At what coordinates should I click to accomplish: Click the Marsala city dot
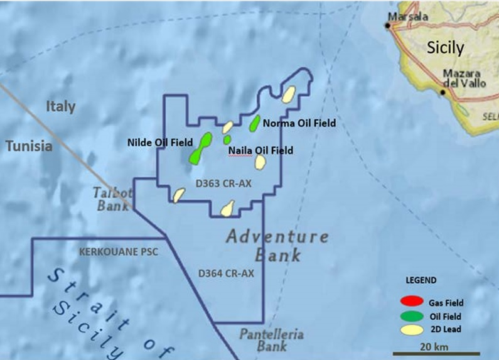[x=388, y=26]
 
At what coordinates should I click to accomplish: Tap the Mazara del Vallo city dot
[x=443, y=92]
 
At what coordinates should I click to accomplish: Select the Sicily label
[x=445, y=48]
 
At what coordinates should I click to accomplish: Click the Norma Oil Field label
[x=299, y=123]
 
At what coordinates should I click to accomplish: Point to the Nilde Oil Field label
[x=160, y=143]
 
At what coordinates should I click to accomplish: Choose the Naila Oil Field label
[x=260, y=151]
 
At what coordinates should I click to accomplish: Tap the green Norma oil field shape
[x=255, y=123]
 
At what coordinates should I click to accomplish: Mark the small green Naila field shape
[x=227, y=139]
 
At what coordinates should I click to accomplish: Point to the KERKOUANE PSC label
[x=119, y=252]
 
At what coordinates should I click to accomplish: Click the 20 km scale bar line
[x=436, y=354]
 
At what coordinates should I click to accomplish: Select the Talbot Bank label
[x=113, y=199]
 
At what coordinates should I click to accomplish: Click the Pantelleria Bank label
[x=271, y=340]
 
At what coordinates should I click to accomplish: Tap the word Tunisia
[x=29, y=146]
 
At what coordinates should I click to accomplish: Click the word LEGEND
[x=421, y=280]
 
